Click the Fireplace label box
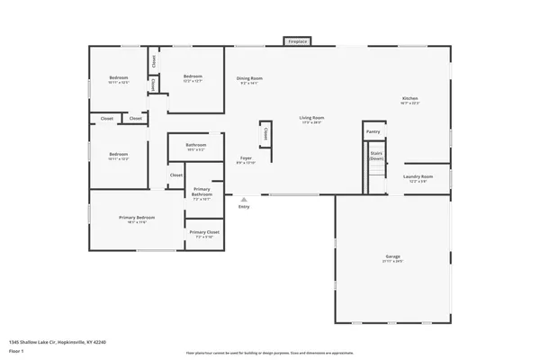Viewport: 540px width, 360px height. click(x=296, y=41)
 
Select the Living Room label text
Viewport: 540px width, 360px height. click(x=311, y=118)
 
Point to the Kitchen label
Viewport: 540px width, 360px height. click(x=409, y=98)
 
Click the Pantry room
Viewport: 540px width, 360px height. click(x=373, y=131)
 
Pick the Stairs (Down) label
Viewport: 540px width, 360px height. click(x=376, y=155)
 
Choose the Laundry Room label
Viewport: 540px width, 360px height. click(x=418, y=176)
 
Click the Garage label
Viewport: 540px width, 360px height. click(x=393, y=256)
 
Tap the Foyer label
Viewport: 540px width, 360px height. click(x=246, y=158)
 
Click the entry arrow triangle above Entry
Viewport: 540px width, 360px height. click(x=244, y=199)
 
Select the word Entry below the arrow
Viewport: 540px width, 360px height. click(x=244, y=207)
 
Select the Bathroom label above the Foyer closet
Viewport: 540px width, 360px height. click(x=196, y=145)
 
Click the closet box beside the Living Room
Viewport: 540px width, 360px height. click(x=265, y=133)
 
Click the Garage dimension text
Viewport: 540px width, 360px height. click(x=393, y=262)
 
